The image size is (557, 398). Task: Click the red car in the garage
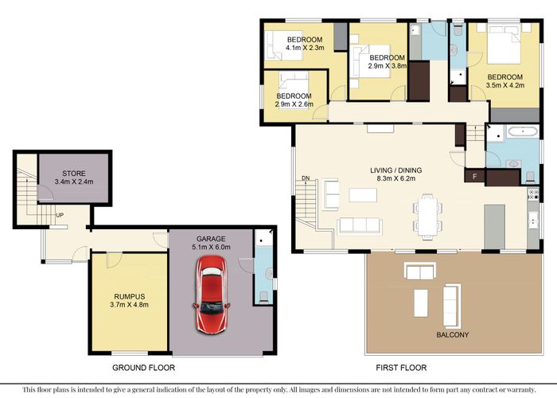(x=212, y=292)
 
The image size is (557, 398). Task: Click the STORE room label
(x=74, y=173)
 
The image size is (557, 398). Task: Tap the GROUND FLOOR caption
(x=143, y=368)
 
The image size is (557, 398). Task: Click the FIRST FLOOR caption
(x=400, y=368)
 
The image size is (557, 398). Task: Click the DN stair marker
(x=306, y=178)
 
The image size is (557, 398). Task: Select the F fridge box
(x=475, y=175)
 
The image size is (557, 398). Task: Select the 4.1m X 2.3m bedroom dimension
(x=304, y=49)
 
